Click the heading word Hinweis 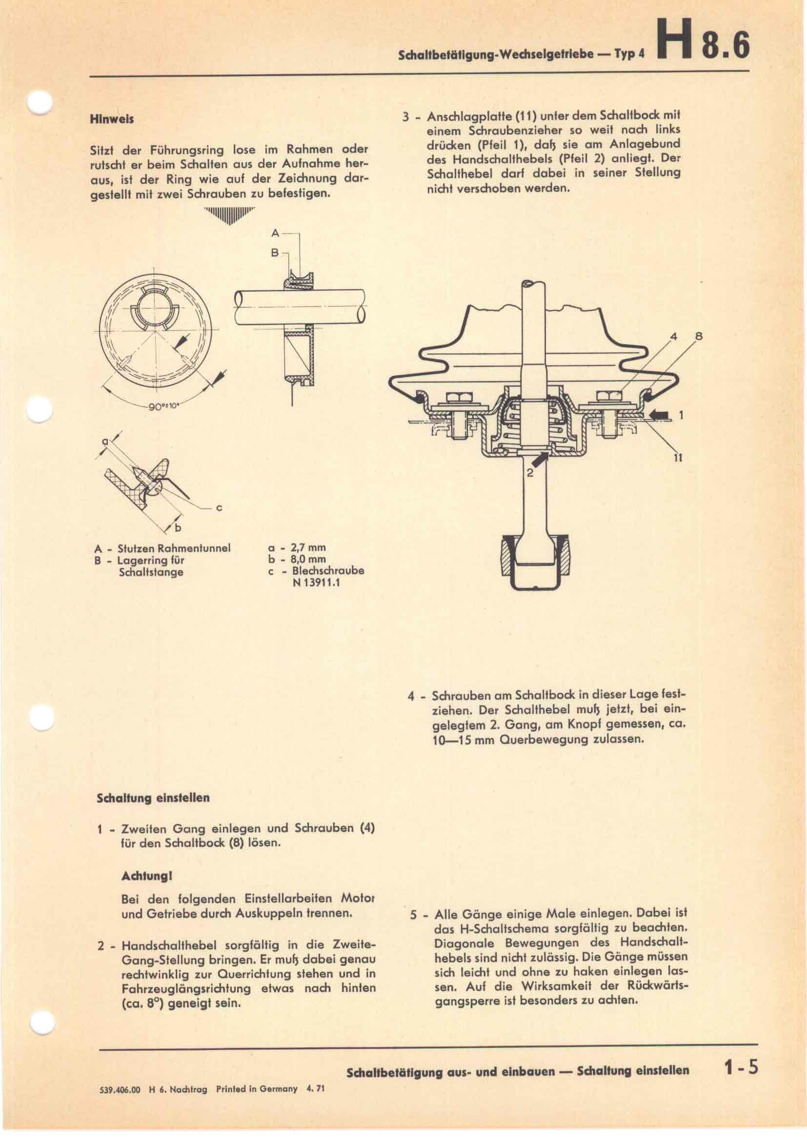[x=111, y=120]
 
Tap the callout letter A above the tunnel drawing [x=275, y=233]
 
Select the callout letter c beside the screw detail [x=219, y=507]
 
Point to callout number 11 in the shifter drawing [x=679, y=458]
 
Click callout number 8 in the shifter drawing [x=699, y=337]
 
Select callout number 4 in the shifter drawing [x=674, y=337]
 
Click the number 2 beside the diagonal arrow [x=530, y=473]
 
